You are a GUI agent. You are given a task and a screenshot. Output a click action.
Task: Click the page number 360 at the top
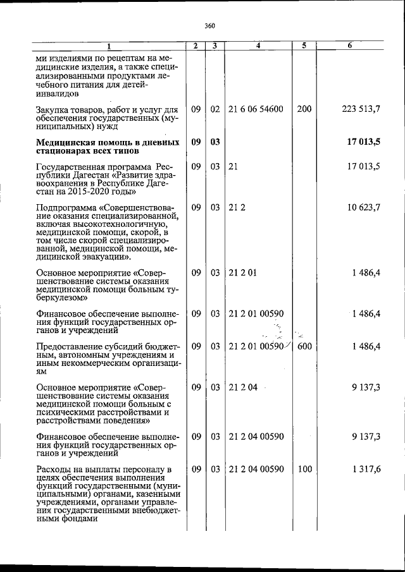tap(210, 26)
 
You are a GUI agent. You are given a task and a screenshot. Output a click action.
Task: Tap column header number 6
tap(350, 46)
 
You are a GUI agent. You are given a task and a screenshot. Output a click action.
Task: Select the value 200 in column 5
tap(304, 109)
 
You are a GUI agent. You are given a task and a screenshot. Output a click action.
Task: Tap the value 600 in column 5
tap(304, 346)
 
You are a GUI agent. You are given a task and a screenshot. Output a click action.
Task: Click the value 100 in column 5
tap(304, 470)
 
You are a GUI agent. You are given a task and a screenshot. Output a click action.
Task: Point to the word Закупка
tap(54, 109)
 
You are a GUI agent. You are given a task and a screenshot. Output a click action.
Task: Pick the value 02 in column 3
tap(215, 109)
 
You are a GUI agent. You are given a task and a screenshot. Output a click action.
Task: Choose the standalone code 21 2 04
tap(243, 387)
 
